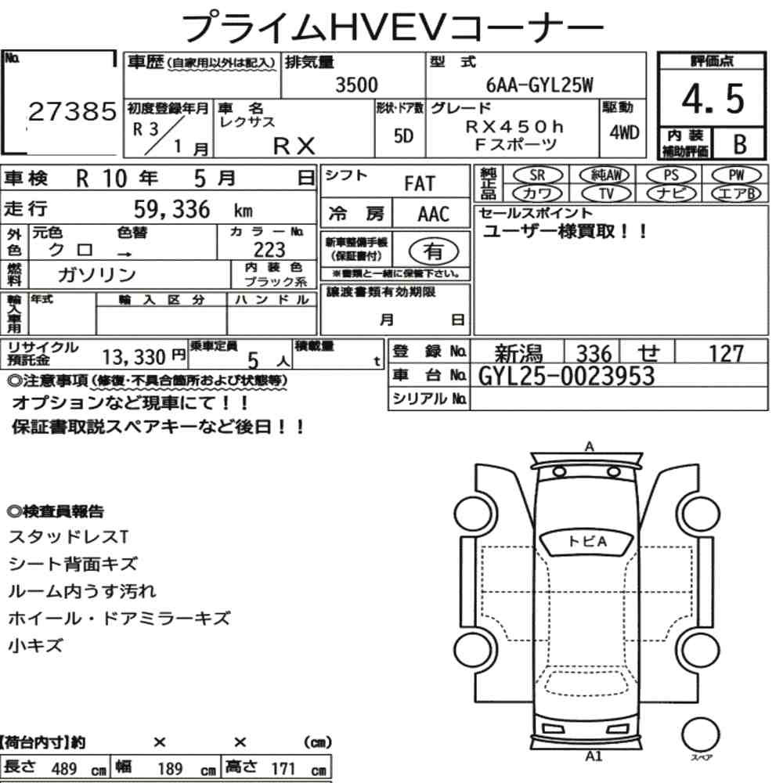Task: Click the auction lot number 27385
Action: [72, 111]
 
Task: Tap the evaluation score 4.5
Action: [713, 99]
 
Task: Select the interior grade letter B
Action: [740, 144]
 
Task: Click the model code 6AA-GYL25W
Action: [539, 85]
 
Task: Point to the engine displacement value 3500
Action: [356, 85]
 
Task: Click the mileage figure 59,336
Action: [171, 210]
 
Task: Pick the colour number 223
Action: [269, 249]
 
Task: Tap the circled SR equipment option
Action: [538, 175]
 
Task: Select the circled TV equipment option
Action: [606, 193]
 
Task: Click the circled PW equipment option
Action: [737, 175]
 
